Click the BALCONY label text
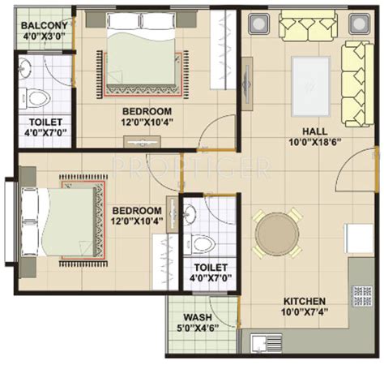[45, 26]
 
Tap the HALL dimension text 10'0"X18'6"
[315, 142]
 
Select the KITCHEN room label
[305, 301]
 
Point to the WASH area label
[198, 317]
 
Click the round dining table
[277, 234]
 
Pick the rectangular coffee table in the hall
[311, 86]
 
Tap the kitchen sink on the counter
[267, 343]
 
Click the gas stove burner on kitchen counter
[363, 296]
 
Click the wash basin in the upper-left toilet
[25, 67]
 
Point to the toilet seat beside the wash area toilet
[200, 244]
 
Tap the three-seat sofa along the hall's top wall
[308, 26]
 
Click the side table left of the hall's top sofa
[259, 24]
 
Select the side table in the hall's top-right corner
[359, 24]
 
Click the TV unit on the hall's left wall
[247, 84]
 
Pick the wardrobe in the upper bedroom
[223, 49]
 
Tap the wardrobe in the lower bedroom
[165, 262]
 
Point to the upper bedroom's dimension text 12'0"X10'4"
[147, 122]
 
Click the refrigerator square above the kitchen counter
[359, 238]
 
